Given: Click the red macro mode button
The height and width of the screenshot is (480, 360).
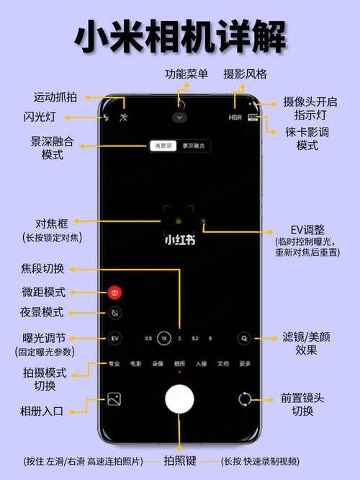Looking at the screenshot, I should (114, 293).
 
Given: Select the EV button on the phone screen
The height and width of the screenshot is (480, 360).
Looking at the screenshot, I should (114, 337).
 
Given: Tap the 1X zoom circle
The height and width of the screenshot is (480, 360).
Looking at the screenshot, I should (164, 337).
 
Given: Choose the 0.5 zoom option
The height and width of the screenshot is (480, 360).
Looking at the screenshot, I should (148, 337).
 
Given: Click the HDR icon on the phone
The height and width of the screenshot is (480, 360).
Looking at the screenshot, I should (235, 117).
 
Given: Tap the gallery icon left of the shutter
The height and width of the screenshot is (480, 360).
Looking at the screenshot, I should (114, 399).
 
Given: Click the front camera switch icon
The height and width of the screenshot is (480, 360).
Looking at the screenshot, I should (245, 399).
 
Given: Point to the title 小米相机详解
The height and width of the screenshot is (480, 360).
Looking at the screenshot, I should (180, 36).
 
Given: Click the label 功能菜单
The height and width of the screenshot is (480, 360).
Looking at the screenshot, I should (186, 74).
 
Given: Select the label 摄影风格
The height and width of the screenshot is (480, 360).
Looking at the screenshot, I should (245, 74).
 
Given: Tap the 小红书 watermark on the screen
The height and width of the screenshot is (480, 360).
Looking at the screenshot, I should (179, 239).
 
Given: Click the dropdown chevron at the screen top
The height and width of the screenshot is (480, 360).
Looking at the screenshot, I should (179, 117).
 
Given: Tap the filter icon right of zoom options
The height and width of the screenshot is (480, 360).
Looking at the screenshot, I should (245, 337).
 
